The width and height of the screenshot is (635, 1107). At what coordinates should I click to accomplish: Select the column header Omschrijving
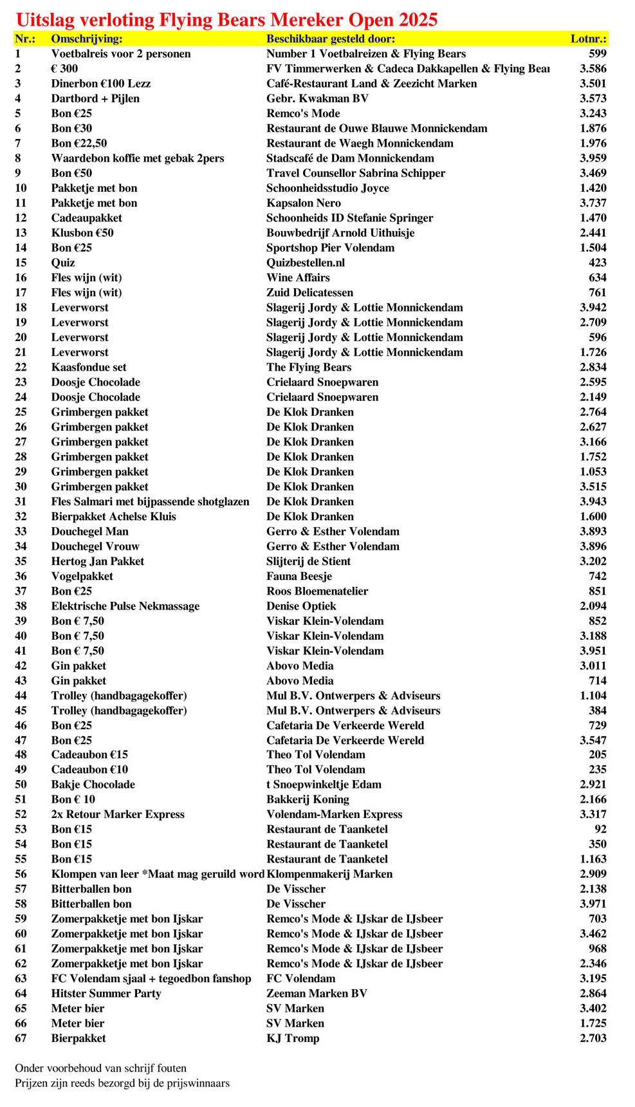(87, 39)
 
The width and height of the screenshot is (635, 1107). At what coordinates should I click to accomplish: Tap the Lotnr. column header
(588, 39)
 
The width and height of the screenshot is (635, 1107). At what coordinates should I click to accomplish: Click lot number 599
(597, 54)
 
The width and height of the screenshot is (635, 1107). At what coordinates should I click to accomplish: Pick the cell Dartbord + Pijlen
(95, 98)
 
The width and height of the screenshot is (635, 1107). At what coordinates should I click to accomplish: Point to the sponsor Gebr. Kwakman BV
(317, 98)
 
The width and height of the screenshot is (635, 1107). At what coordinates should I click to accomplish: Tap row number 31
(21, 502)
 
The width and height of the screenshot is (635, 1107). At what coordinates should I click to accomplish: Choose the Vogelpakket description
(82, 577)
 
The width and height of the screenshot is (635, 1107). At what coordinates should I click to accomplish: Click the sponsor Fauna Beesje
(299, 577)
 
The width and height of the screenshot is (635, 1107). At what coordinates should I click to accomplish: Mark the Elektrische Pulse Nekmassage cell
(125, 606)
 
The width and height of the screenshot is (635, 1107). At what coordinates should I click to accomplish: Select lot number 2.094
(593, 606)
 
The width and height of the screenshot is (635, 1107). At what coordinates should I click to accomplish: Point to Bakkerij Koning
(308, 799)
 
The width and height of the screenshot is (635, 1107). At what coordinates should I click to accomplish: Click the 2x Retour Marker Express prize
(118, 814)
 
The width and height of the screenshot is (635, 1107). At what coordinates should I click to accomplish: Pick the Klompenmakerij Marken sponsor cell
(329, 874)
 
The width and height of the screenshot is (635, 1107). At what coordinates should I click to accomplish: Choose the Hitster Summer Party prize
(106, 994)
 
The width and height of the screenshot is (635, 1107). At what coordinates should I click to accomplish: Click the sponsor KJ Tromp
(293, 1038)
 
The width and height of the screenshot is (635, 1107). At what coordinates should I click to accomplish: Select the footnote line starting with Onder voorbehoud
(100, 1068)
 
